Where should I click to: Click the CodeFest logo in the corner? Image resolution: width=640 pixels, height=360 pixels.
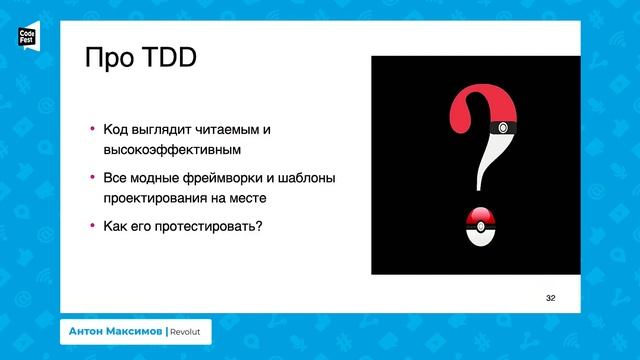(x=27, y=39)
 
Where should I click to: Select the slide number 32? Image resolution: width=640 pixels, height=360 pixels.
(x=550, y=298)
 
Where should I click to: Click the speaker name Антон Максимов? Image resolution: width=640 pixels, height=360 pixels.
(x=115, y=331)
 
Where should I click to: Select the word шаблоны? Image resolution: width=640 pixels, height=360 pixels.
(x=301, y=178)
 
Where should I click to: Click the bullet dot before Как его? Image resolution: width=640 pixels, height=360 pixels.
(x=91, y=225)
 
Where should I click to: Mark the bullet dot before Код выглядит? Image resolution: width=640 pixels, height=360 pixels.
(x=91, y=129)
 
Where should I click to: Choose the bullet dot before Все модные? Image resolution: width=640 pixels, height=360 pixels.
(x=91, y=177)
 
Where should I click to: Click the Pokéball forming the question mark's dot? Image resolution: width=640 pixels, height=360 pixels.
(x=481, y=227)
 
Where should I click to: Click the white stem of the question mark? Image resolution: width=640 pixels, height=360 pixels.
(x=489, y=165)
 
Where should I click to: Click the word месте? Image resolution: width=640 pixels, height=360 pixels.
(x=254, y=198)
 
